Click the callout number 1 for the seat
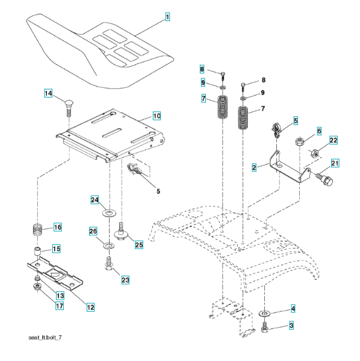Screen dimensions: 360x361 [x=167, y=17]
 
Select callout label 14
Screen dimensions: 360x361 [x=48, y=93]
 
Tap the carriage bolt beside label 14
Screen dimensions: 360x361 [x=69, y=108]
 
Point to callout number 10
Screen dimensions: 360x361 [x=157, y=116]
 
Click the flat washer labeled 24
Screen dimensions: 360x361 [x=109, y=213]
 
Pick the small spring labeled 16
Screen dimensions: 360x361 [x=37, y=229]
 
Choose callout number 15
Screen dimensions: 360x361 [x=57, y=249]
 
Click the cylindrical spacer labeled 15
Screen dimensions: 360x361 [x=37, y=251]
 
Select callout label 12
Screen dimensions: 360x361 [x=90, y=307]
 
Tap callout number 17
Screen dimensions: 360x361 [x=60, y=306]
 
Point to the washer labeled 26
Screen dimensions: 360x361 [x=109, y=245]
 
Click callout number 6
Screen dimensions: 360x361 [x=319, y=131]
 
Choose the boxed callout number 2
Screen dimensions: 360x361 [x=254, y=167]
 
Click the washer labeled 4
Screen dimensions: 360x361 [x=265, y=313]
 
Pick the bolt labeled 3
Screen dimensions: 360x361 [x=264, y=328]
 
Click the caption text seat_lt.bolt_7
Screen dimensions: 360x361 [x=45, y=338]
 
